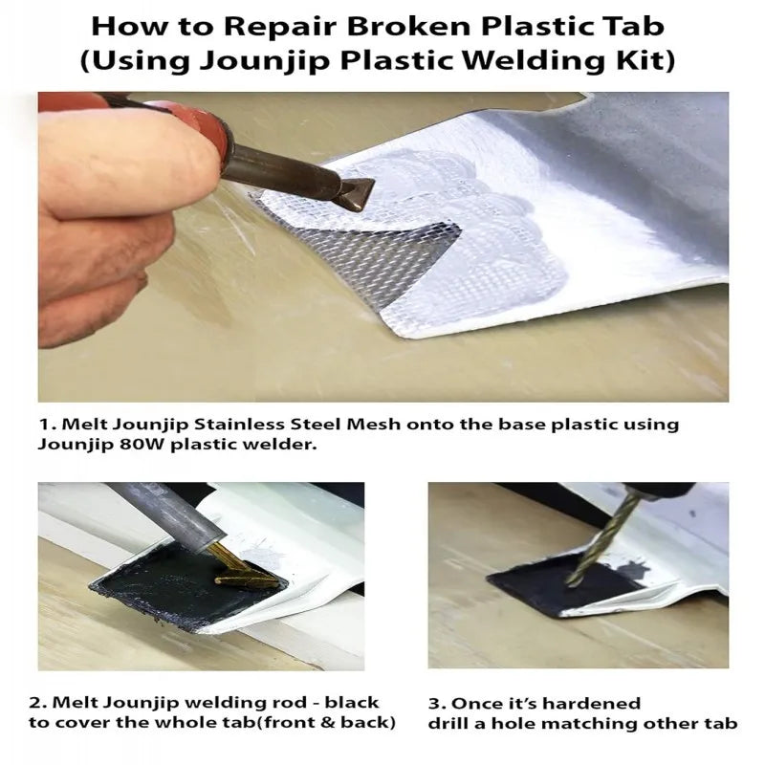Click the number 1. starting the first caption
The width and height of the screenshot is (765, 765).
click(49, 425)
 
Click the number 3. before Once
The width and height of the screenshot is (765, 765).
click(437, 704)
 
